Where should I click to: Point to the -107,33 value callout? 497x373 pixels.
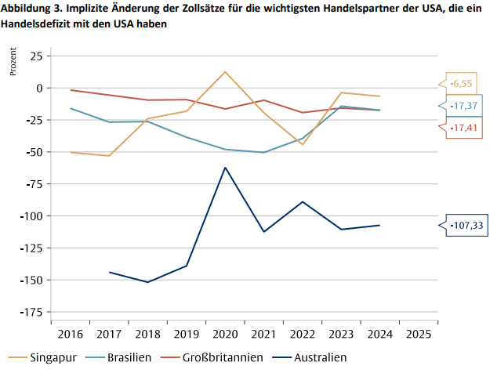click(x=467, y=226)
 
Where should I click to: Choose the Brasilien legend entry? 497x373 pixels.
click(x=123, y=358)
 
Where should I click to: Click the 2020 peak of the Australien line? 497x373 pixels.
click(x=226, y=167)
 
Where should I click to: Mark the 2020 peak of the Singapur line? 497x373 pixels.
click(x=226, y=72)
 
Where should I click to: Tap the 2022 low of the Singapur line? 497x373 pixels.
click(x=303, y=144)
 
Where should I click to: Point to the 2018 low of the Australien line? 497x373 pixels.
click(x=148, y=282)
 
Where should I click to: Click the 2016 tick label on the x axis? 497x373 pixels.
click(x=71, y=334)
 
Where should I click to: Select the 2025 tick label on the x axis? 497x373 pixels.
click(x=418, y=334)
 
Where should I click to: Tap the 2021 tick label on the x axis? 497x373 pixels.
click(x=263, y=334)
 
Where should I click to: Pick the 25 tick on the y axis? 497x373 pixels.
click(x=36, y=56)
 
